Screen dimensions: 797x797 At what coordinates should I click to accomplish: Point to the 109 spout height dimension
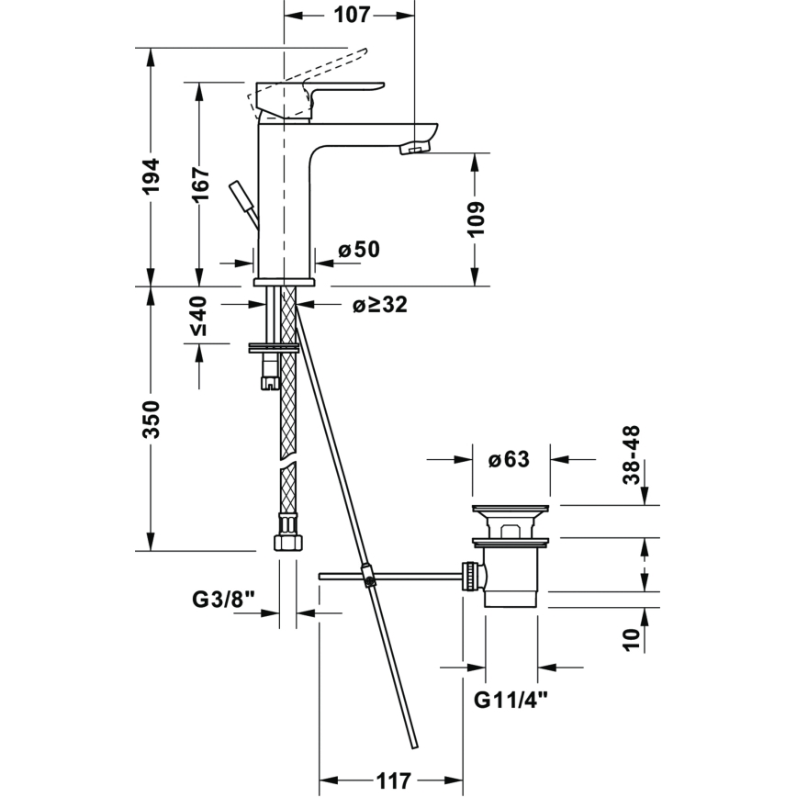(x=475, y=219)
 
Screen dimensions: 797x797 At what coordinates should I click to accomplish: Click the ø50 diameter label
(x=358, y=249)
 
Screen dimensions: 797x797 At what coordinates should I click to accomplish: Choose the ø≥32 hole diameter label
(x=379, y=306)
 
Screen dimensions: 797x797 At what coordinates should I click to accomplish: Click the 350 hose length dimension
(x=152, y=419)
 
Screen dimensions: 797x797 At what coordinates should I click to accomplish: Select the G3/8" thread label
(x=222, y=599)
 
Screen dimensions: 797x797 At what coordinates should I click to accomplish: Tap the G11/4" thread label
(x=511, y=701)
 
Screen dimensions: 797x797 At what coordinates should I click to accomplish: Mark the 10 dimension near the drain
(x=631, y=636)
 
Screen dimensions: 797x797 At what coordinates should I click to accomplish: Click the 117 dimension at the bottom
(x=393, y=782)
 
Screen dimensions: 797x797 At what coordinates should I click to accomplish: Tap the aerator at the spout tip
(x=418, y=147)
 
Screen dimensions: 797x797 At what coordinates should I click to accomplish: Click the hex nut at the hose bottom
(x=287, y=534)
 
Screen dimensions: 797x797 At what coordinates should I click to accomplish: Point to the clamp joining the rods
(x=367, y=577)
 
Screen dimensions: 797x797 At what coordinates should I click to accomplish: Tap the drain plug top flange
(x=511, y=509)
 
